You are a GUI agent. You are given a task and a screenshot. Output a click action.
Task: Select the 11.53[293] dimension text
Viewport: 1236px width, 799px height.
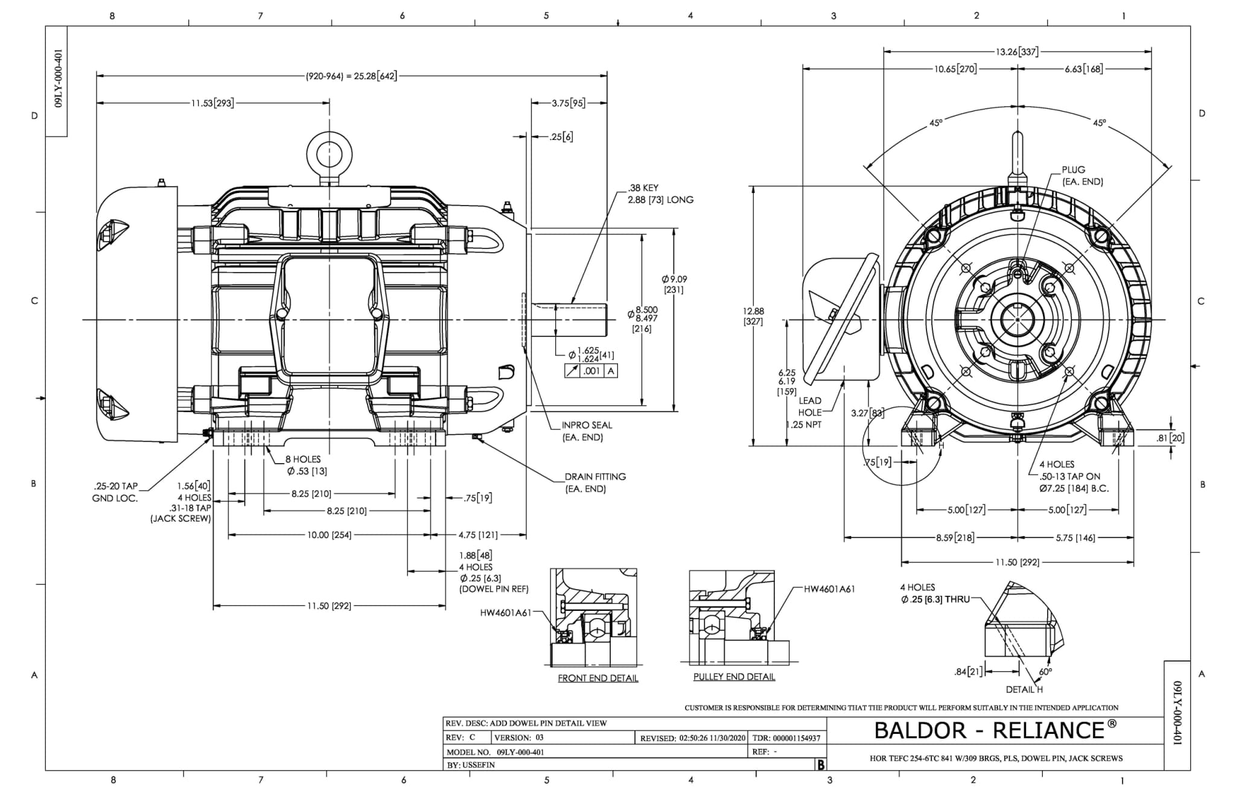[x=212, y=103]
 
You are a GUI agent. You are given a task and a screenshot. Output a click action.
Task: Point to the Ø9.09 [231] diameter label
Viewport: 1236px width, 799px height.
[x=674, y=284]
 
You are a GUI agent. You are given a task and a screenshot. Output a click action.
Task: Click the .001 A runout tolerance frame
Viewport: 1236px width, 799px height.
[x=591, y=371]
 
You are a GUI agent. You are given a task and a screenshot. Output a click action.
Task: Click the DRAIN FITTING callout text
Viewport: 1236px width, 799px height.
[x=595, y=482]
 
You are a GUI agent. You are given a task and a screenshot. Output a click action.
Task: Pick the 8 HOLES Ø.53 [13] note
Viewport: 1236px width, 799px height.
[x=306, y=465]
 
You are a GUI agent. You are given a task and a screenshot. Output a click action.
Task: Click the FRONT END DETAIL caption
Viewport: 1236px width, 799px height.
[x=597, y=678]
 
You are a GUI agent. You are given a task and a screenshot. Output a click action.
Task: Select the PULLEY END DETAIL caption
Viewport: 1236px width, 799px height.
[x=734, y=677]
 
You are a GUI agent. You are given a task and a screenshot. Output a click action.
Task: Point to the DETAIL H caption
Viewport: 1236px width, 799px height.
[x=1024, y=689]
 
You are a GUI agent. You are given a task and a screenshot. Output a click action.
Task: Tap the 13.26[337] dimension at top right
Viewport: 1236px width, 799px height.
[x=1017, y=52]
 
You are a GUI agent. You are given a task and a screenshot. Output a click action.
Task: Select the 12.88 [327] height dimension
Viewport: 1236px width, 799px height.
[x=753, y=316]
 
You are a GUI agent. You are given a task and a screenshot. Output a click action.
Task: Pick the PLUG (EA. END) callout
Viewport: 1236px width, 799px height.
[x=1082, y=175]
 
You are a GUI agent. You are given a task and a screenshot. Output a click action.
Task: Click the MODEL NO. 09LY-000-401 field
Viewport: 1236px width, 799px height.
[x=495, y=752]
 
